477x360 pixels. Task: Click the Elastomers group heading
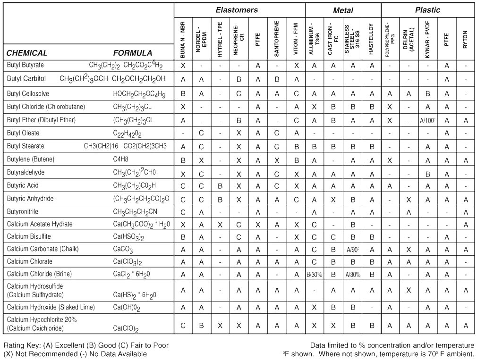click(x=237, y=10)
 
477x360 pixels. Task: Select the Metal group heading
click(x=343, y=10)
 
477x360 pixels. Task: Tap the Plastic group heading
click(x=427, y=10)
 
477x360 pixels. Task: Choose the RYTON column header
click(x=465, y=36)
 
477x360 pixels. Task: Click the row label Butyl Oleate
click(x=23, y=133)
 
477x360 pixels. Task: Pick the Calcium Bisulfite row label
click(x=29, y=236)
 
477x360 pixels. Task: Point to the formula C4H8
click(x=120, y=159)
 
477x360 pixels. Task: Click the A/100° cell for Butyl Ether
click(x=427, y=120)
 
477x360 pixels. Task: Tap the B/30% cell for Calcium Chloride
click(x=314, y=274)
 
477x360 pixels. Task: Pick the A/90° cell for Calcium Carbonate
click(x=352, y=249)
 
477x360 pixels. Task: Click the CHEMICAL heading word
click(x=27, y=53)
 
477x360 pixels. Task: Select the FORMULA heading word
click(x=133, y=53)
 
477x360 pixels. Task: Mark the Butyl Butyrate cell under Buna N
click(x=183, y=65)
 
